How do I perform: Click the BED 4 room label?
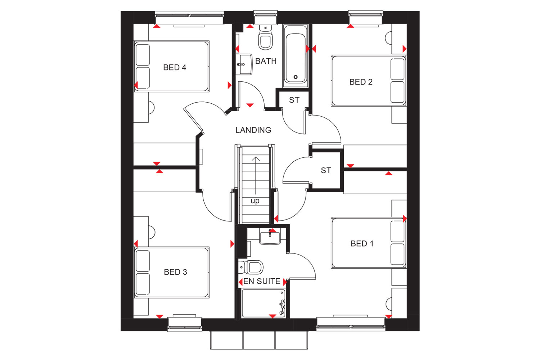click(175, 68)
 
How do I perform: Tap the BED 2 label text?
click(361, 82)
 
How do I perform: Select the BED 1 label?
click(362, 243)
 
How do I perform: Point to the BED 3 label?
click(175, 272)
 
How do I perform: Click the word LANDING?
click(253, 130)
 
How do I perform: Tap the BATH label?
click(266, 61)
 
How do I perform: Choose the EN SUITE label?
click(262, 281)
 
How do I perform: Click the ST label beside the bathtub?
click(294, 100)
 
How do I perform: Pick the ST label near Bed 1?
click(326, 171)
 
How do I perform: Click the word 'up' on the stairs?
click(255, 201)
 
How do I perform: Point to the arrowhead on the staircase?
click(256, 159)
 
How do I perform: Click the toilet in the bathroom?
click(265, 37)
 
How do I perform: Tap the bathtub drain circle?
click(296, 77)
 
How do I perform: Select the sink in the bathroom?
click(244, 64)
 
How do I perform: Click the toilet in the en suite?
click(251, 267)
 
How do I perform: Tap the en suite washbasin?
click(270, 236)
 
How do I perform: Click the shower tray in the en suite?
click(264, 303)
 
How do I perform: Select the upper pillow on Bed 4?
click(143, 55)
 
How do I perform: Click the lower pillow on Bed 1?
click(397, 254)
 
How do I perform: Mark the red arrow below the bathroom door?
click(250, 105)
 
